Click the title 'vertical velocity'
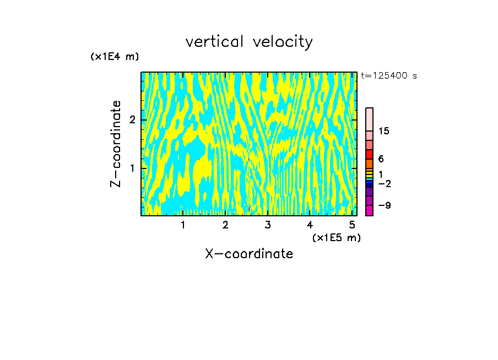[249, 42]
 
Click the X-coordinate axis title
[249, 254]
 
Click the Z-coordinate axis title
[116, 144]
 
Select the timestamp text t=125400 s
[388, 76]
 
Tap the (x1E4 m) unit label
[115, 57]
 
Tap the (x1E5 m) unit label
[336, 237]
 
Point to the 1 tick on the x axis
[183, 225]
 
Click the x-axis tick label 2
[225, 225]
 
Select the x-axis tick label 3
[268, 225]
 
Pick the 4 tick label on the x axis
[310, 225]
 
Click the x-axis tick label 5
[353, 225]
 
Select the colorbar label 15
[384, 131]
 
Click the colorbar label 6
[381, 159]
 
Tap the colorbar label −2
[384, 184]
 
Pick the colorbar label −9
[384, 206]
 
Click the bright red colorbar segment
[369, 154]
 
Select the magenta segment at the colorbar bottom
[369, 210]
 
